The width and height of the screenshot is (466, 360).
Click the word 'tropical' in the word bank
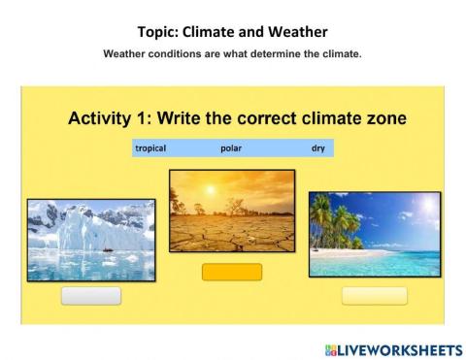pyautogui.click(x=150, y=148)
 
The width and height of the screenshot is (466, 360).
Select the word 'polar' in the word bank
pyautogui.click(x=230, y=148)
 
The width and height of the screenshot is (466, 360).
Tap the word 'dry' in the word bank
pyautogui.click(x=317, y=148)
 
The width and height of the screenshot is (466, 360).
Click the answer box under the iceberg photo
pyautogui.click(x=91, y=296)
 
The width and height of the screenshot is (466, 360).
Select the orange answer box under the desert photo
pyautogui.click(x=232, y=273)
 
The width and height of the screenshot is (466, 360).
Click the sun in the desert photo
pyautogui.click(x=232, y=194)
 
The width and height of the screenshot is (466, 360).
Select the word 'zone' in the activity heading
pyautogui.click(x=383, y=119)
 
